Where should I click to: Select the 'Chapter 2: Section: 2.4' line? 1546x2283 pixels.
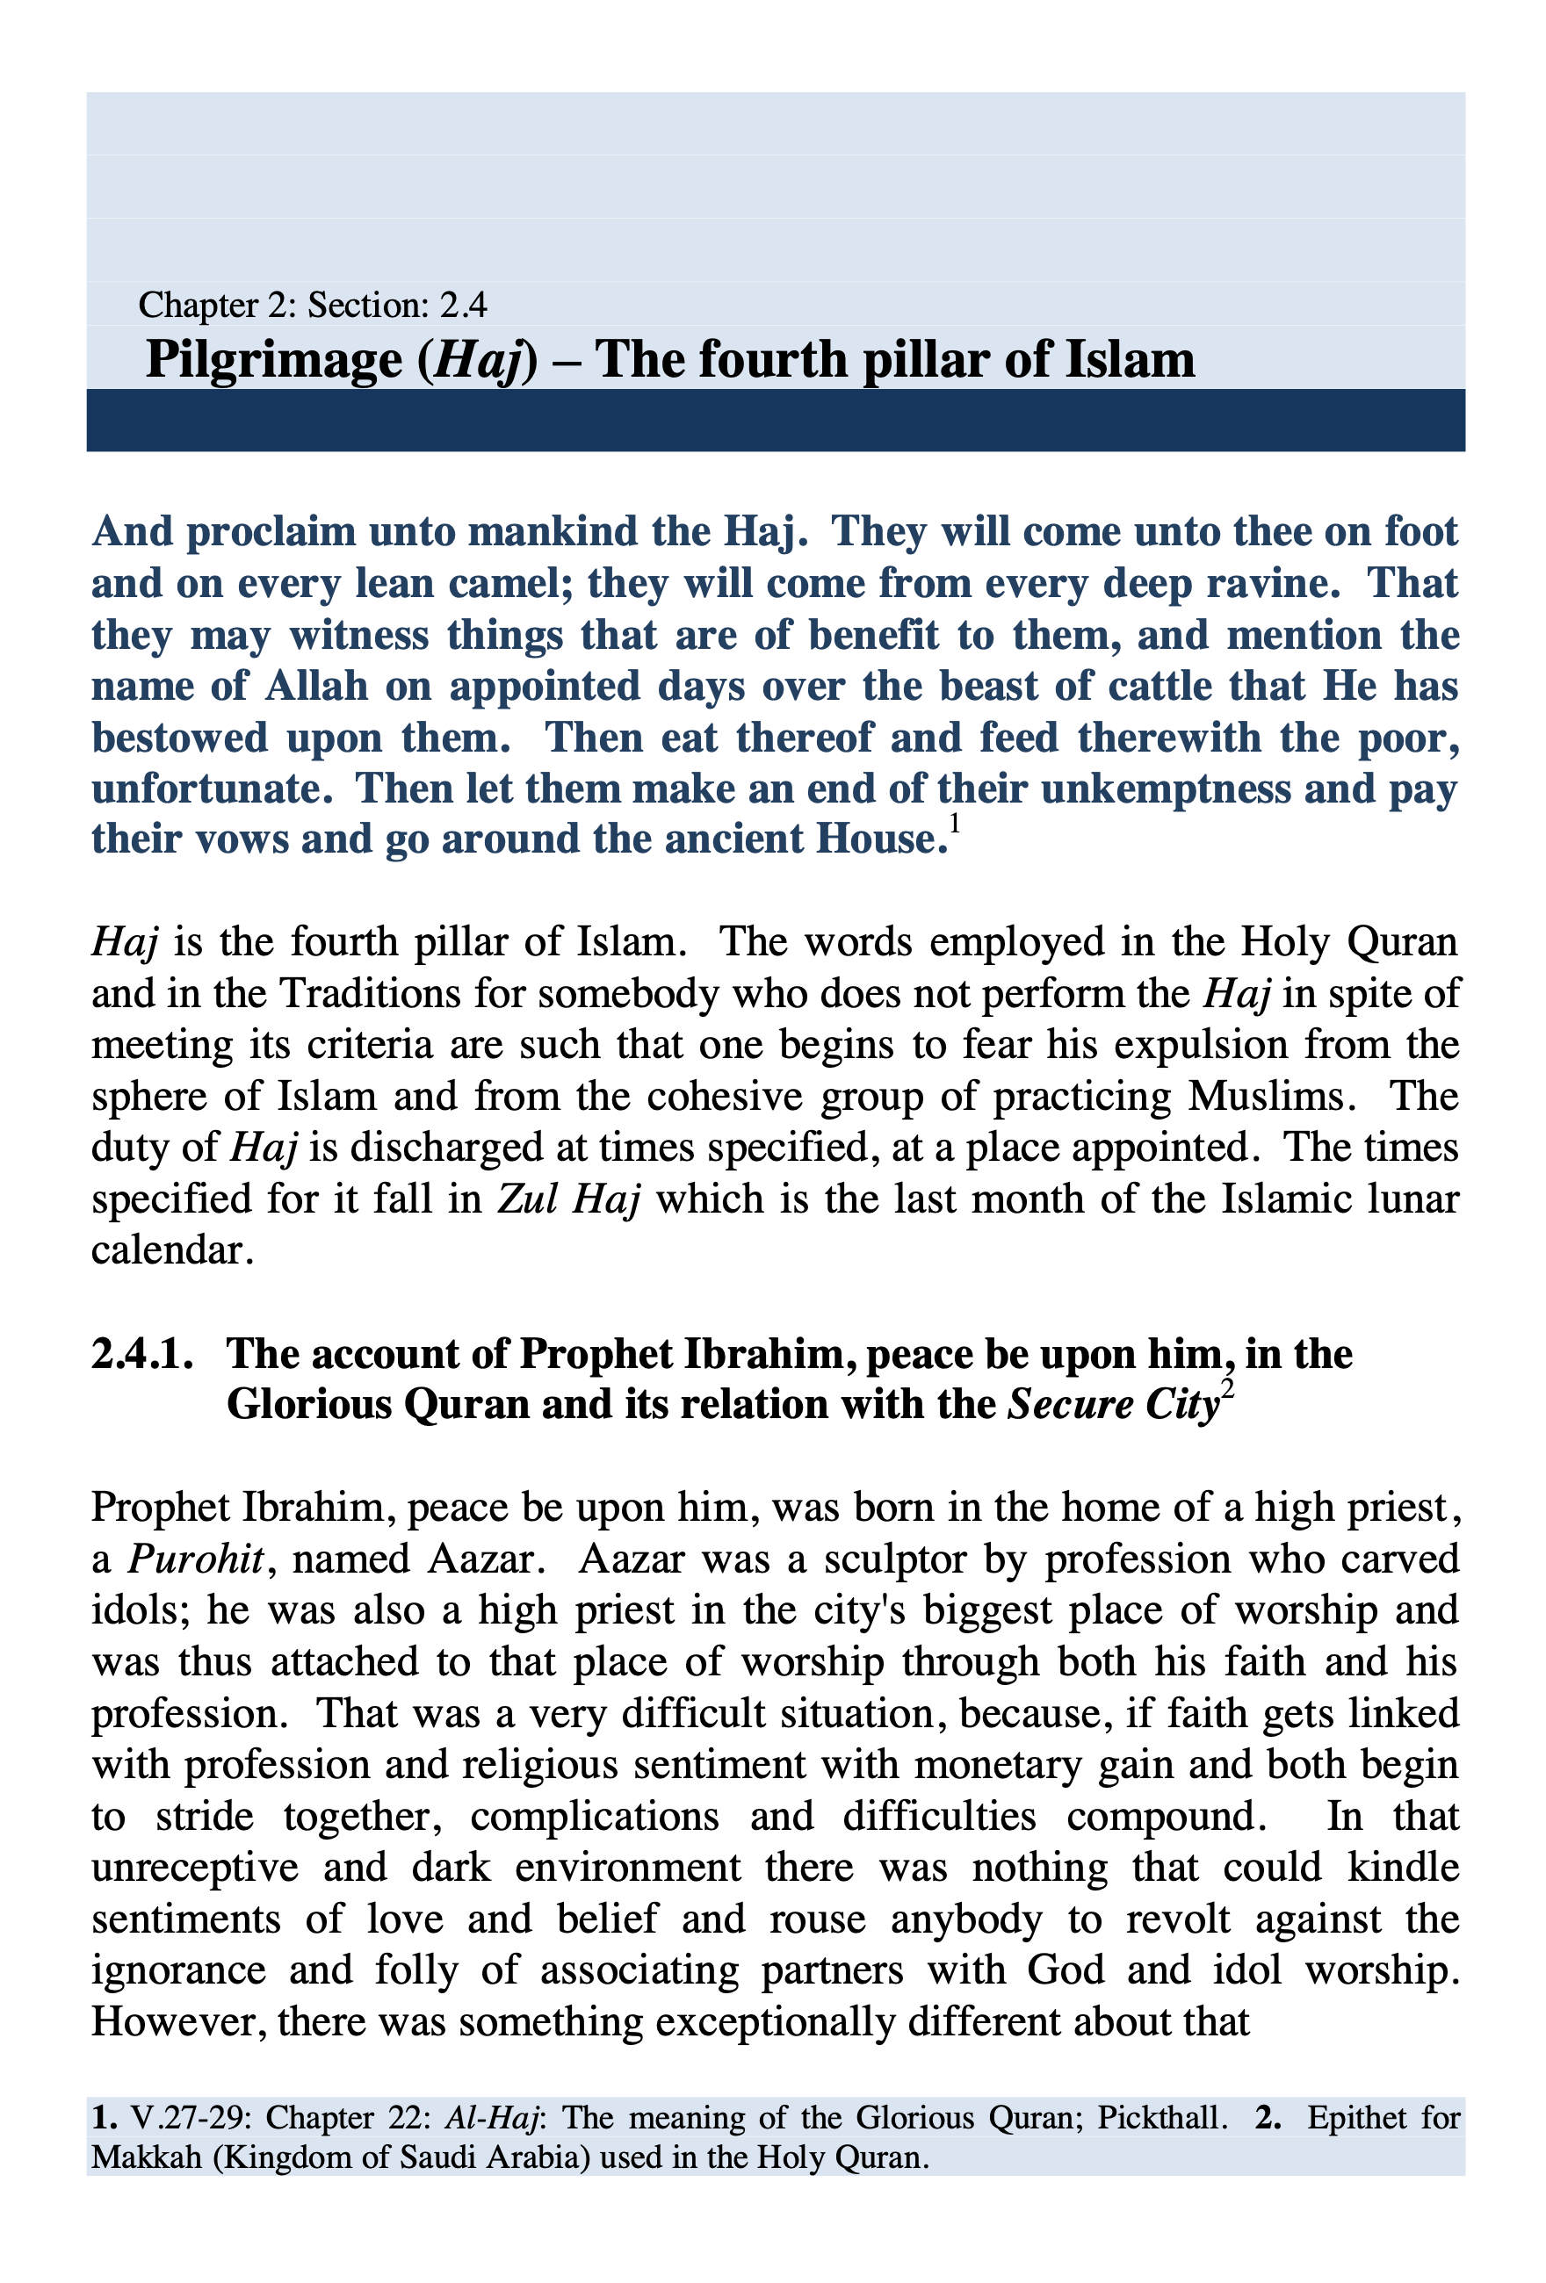[x=313, y=306]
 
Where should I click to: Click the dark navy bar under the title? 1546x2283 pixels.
[x=775, y=421]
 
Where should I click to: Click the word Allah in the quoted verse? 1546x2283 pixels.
[x=315, y=687]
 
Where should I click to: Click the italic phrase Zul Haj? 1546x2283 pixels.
[x=569, y=1199]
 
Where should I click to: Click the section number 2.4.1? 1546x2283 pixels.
[x=142, y=1355]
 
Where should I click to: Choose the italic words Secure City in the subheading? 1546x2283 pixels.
[x=1114, y=1406]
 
